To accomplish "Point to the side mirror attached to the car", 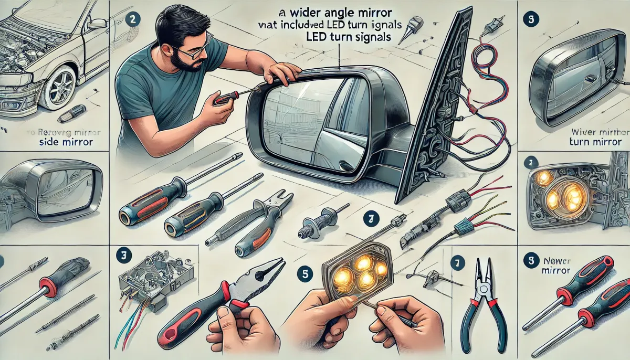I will [x=97, y=24].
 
